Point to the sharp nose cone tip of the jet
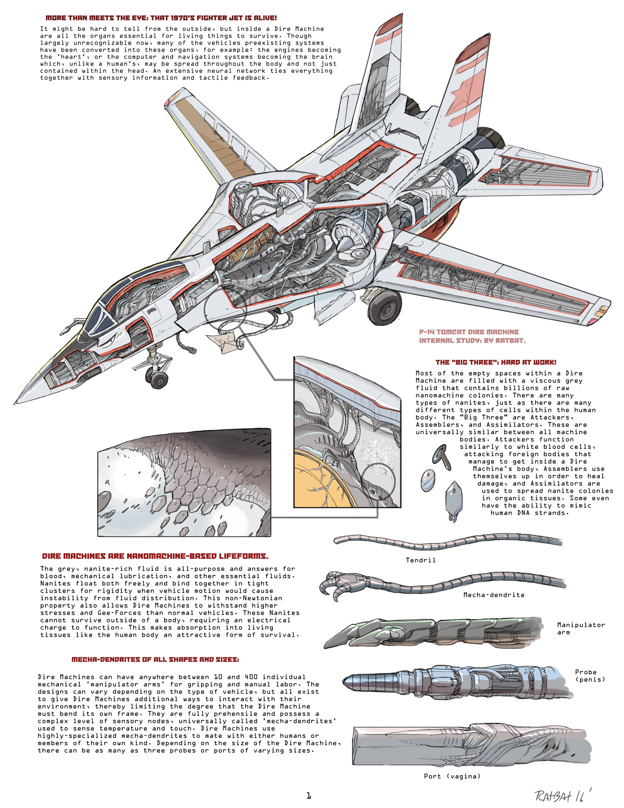pos(16,403)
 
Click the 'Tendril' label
pos(420,560)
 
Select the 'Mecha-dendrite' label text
pos(493,595)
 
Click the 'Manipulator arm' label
pos(580,628)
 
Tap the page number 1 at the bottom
pos(308,795)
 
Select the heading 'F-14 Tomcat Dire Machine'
pos(469,332)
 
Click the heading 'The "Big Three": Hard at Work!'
pos(496,363)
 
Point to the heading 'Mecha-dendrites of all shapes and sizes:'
pos(155,660)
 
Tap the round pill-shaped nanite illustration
pos(427,481)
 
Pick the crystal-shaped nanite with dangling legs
pos(454,499)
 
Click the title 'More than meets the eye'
pos(161,18)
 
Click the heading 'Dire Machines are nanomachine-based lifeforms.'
pos(155,556)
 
